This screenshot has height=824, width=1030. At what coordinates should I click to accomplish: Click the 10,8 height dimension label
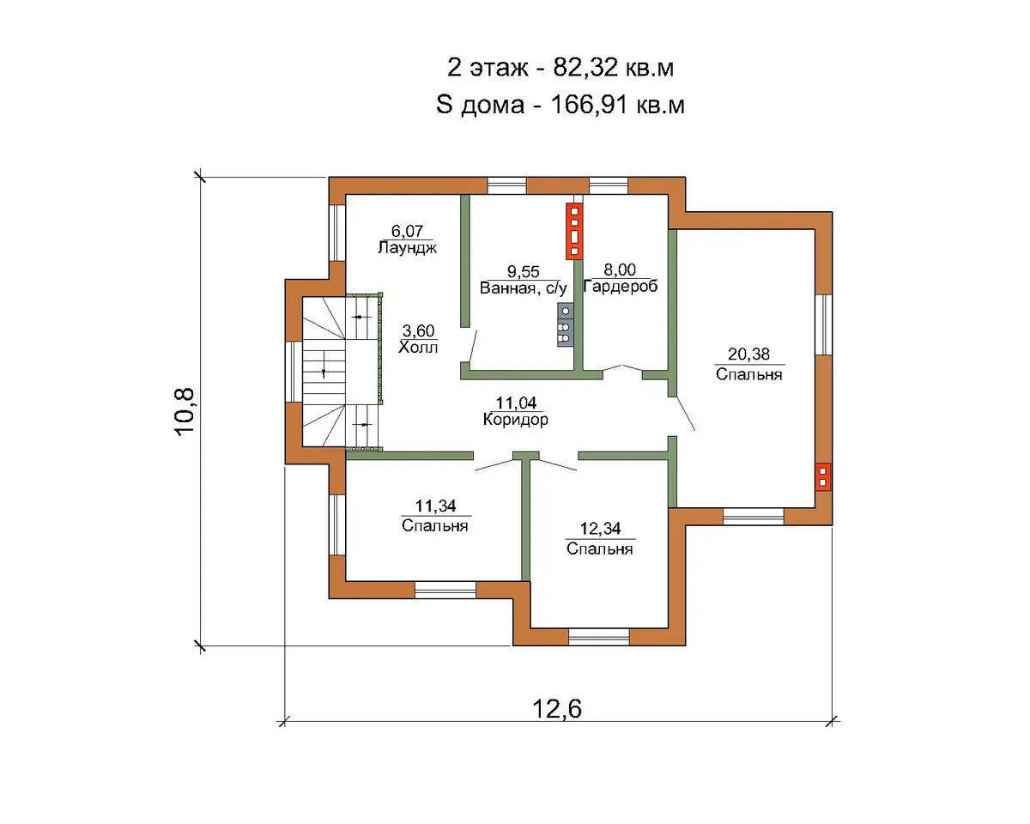[185, 411]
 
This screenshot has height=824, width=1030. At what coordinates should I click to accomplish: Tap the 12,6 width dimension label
[557, 709]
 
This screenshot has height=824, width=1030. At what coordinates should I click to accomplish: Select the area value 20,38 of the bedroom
[748, 354]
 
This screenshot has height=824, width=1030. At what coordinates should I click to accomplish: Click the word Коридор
[516, 420]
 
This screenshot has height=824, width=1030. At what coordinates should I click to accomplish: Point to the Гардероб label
[621, 287]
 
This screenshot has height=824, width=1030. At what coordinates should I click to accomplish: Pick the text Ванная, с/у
[523, 288]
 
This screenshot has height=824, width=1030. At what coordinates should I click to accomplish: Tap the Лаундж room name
[407, 247]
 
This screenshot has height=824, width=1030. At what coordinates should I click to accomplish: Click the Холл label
[418, 347]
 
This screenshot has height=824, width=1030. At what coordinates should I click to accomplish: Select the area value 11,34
[435, 506]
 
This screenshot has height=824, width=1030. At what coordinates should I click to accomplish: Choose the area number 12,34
[600, 529]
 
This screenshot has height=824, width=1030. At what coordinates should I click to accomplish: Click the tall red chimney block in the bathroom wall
[574, 231]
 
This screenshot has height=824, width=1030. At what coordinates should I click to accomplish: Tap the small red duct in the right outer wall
[823, 477]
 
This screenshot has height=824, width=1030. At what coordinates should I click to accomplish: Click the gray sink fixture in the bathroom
[566, 324]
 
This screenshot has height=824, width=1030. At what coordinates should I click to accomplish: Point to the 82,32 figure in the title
[585, 68]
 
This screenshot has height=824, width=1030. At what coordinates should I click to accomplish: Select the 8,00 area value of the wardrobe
[620, 270]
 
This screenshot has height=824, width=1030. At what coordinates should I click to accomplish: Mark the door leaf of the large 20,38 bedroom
[683, 413]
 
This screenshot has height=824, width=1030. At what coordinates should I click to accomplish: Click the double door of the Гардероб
[622, 368]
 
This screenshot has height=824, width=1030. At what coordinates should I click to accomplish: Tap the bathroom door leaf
[472, 347]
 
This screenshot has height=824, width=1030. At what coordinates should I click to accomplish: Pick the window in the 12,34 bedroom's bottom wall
[599, 637]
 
